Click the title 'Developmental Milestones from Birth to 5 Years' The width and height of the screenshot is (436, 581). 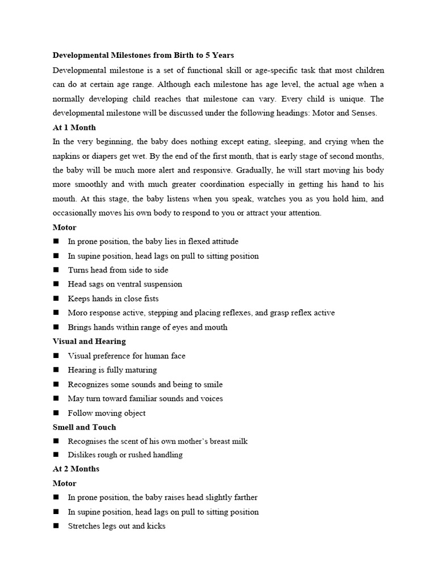[x=143, y=56]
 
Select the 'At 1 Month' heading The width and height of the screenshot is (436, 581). [x=74, y=127]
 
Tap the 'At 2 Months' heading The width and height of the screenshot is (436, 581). [x=76, y=469]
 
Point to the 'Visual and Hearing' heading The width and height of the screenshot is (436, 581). [x=89, y=341]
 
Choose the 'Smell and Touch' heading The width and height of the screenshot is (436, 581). [x=84, y=427]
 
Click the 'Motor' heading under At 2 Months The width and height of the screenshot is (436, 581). [x=64, y=483]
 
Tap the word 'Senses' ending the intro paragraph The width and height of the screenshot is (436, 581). [x=363, y=113]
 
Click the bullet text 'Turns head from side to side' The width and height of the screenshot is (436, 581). [x=118, y=270]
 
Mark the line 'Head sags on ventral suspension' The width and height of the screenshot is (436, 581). [x=125, y=284]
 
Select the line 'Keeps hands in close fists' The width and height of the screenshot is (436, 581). [x=113, y=298]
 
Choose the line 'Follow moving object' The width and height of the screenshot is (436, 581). [x=107, y=413]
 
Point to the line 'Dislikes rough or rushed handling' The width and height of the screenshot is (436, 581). [x=125, y=454]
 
